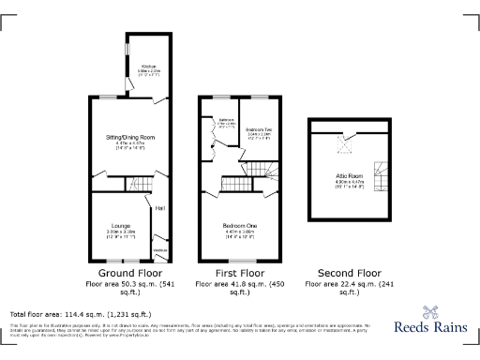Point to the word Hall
click(x=160, y=207)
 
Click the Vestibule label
click(x=159, y=251)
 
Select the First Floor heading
click(x=241, y=272)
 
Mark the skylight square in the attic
click(x=345, y=144)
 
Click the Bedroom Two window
click(x=258, y=97)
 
